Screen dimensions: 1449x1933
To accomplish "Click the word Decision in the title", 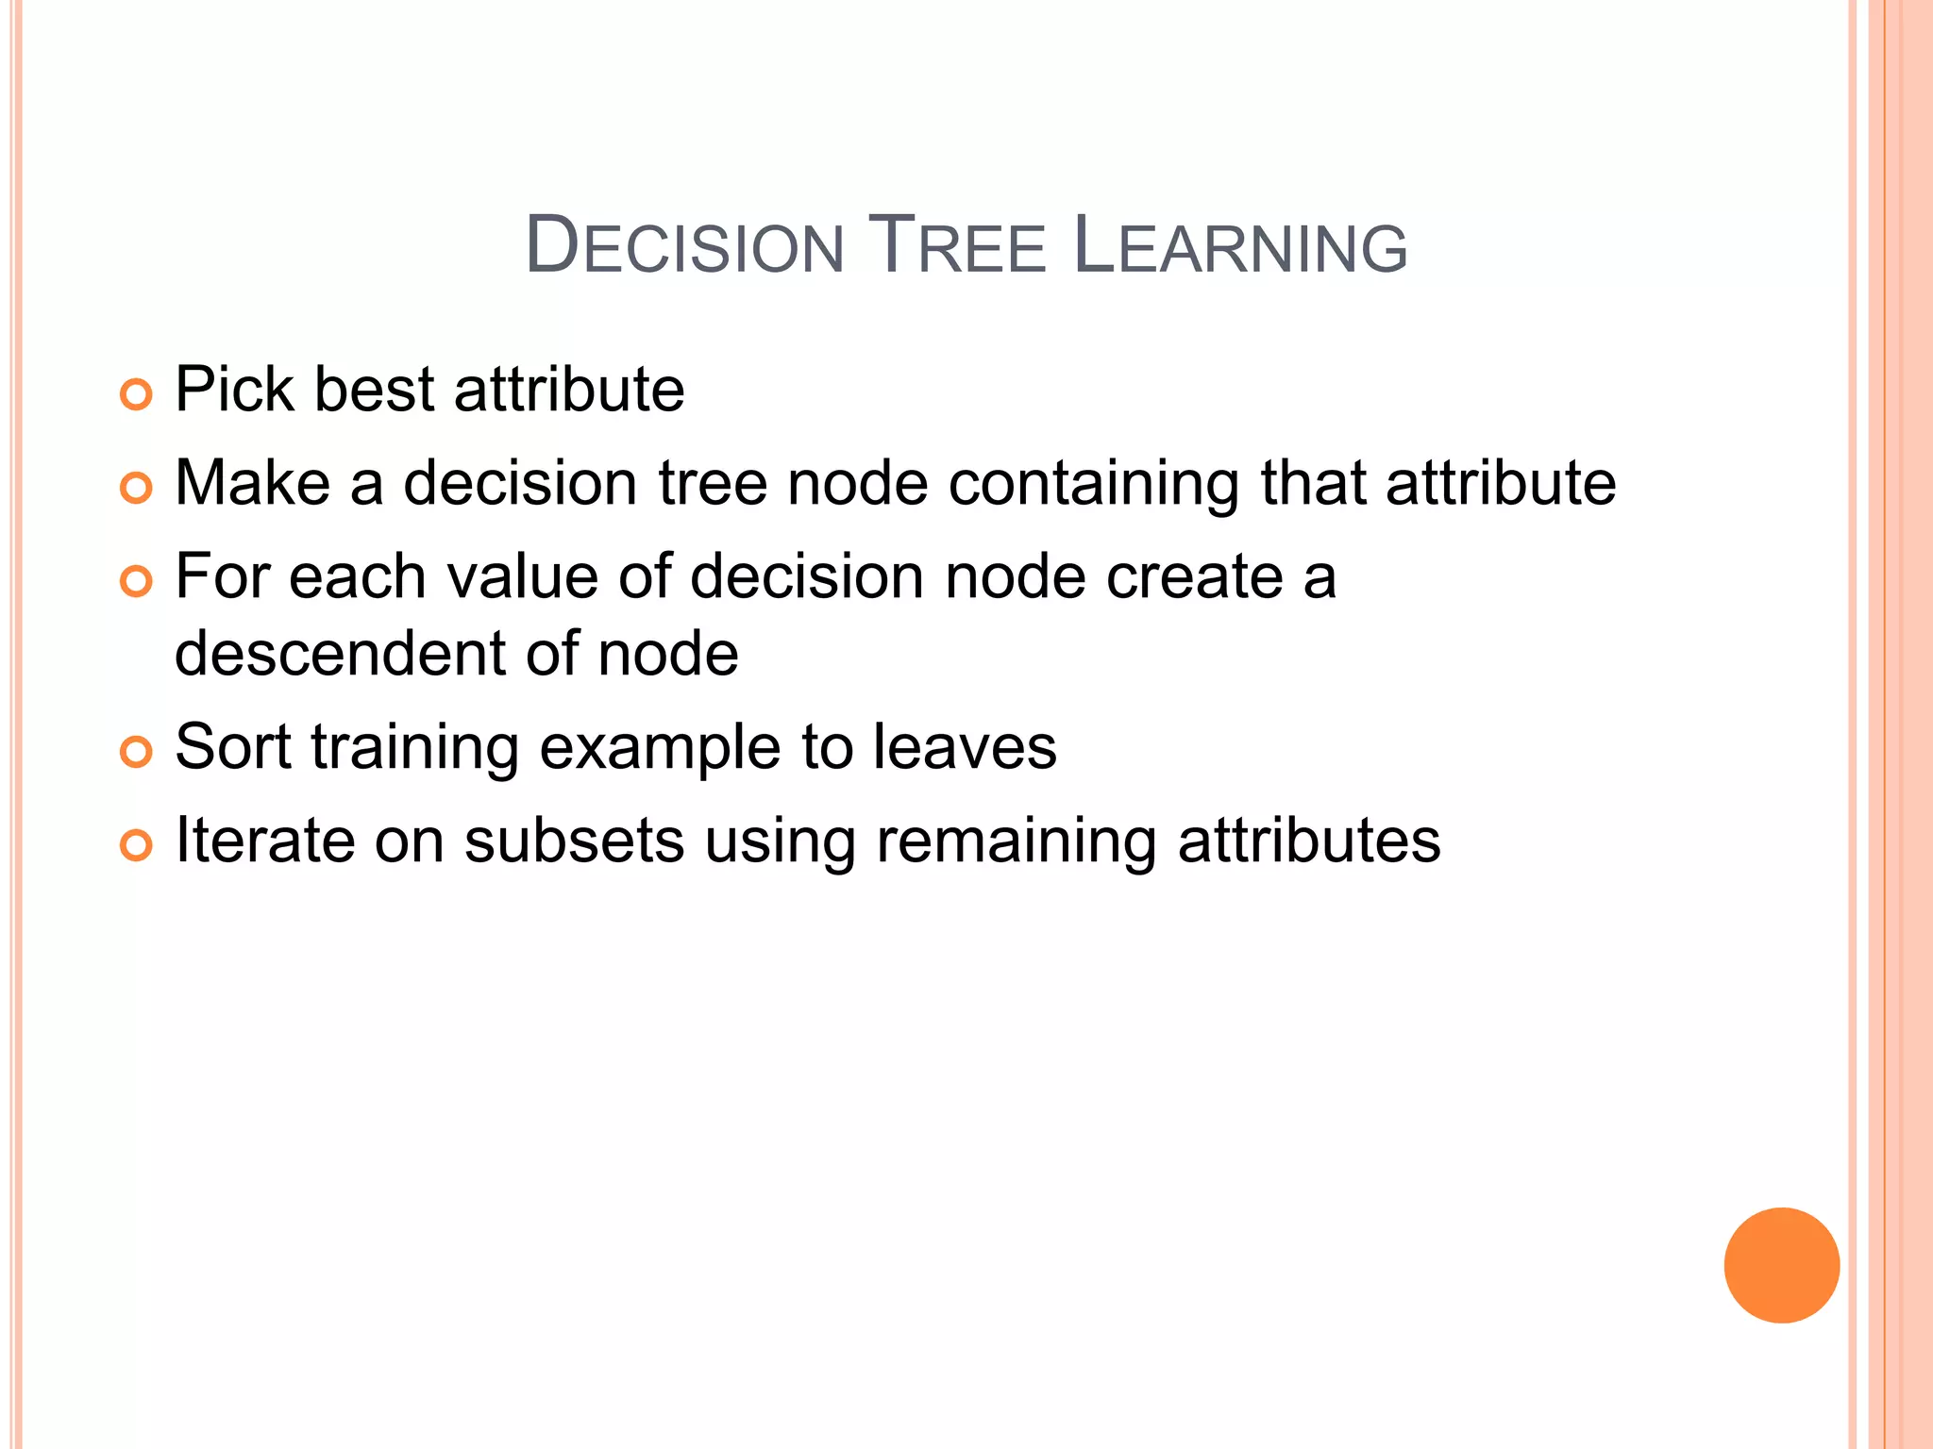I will (684, 247).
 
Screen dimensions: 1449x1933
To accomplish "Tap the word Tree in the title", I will (957, 247).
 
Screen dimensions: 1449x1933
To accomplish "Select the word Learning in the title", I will (1240, 247).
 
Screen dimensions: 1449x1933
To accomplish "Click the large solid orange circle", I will (1781, 1265).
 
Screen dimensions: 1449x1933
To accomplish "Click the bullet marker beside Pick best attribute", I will (136, 394).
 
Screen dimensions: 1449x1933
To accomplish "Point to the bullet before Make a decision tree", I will (136, 488).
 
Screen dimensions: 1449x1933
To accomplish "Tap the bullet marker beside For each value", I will (136, 581).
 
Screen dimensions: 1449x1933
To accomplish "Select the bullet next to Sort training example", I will (136, 752).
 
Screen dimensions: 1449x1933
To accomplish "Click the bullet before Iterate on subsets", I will (136, 845).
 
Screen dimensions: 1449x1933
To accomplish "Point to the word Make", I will (252, 482).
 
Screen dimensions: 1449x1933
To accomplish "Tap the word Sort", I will (233, 747).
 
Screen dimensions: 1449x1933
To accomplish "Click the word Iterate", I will (264, 841).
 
